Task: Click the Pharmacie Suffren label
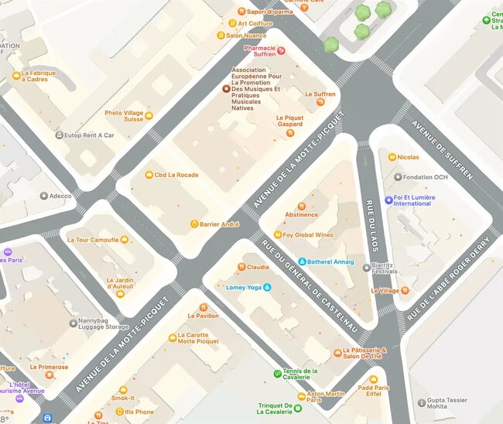pos(259,51)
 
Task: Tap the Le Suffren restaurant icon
pos(320,103)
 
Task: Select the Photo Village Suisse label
pos(124,116)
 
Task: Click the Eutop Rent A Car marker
pos(59,135)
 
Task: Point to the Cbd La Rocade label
pos(176,175)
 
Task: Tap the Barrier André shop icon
pos(194,224)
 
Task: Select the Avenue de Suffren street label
pos(442,150)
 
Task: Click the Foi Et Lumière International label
pos(414,200)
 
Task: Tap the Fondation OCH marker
pos(397,177)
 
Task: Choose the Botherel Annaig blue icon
pos(302,262)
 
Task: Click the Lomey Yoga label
pos(244,288)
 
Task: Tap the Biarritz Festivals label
pos(384,268)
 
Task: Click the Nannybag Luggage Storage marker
pos(73,323)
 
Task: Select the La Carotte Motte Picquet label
pos(198,337)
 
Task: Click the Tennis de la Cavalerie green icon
pos(278,374)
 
